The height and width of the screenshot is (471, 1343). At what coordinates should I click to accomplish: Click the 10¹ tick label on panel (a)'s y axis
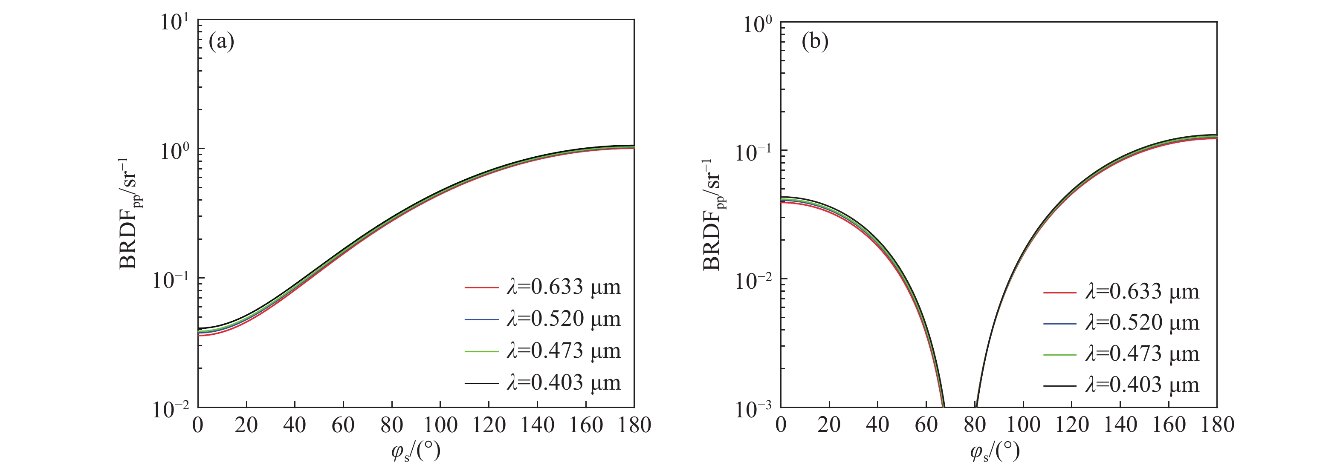click(173, 23)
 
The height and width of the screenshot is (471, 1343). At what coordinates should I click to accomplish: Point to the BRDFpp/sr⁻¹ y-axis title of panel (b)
click(714, 214)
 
